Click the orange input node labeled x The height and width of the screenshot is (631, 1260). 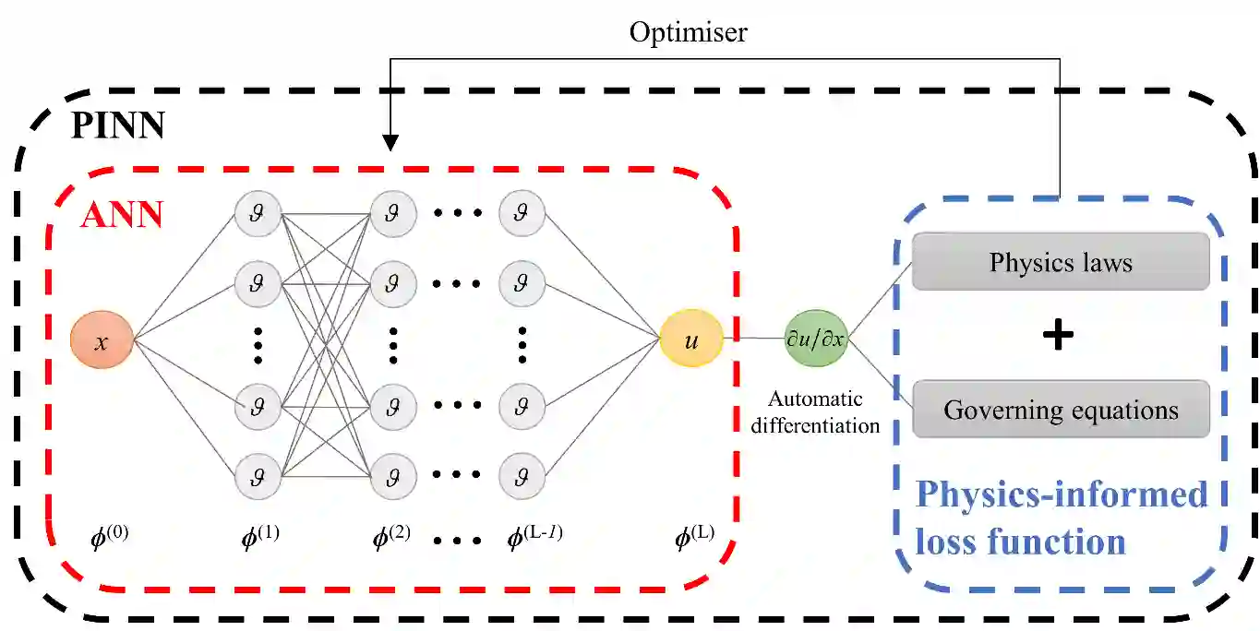click(102, 341)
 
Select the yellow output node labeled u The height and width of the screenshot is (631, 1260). click(691, 339)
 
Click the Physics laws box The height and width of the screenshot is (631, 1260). click(1061, 262)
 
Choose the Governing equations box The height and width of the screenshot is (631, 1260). click(1061, 409)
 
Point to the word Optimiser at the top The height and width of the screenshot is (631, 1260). click(688, 33)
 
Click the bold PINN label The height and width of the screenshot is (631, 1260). click(117, 125)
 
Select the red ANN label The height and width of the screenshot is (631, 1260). click(121, 215)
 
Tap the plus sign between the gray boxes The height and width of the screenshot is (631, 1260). click(1058, 336)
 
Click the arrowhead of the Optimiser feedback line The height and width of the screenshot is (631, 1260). click(390, 143)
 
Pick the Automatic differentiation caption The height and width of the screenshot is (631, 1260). click(815, 412)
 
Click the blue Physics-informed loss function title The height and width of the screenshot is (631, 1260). click(1061, 518)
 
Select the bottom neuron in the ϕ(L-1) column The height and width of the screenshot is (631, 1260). click(522, 477)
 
